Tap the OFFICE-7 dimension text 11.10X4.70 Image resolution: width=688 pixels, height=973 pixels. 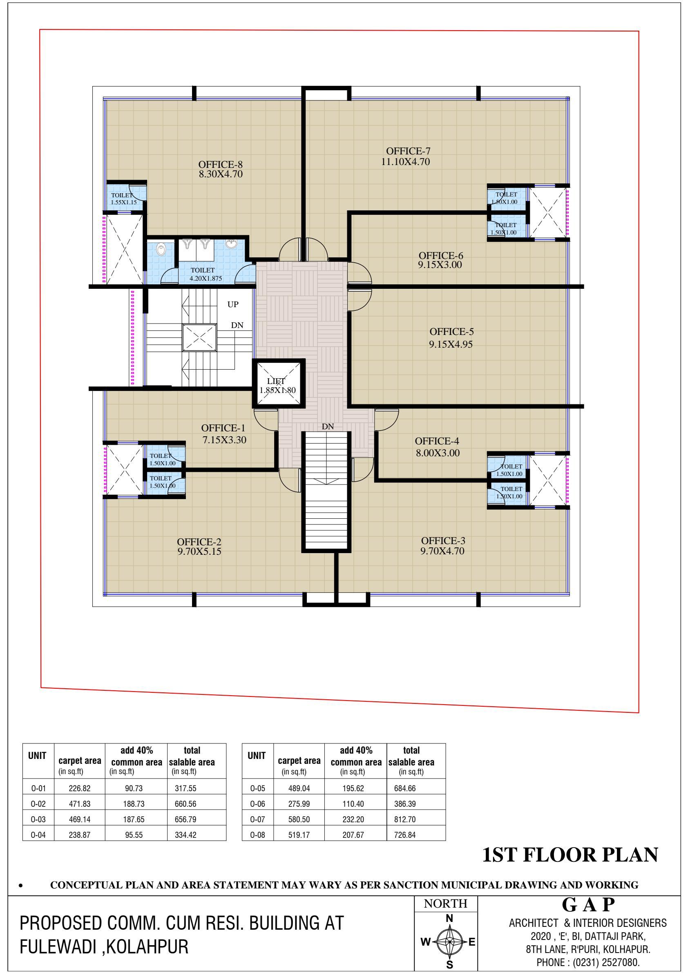pyautogui.click(x=406, y=161)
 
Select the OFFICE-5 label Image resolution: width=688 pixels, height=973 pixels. pyautogui.click(x=451, y=331)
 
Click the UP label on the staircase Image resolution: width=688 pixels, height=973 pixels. pyautogui.click(x=233, y=304)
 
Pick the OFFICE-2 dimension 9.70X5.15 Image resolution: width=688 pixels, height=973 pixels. pyautogui.click(x=200, y=551)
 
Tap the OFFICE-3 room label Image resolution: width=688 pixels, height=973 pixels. pyautogui.click(x=443, y=541)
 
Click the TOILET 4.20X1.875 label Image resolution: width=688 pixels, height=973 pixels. pyautogui.click(x=205, y=274)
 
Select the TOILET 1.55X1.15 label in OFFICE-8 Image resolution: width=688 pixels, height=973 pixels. pyautogui.click(x=123, y=199)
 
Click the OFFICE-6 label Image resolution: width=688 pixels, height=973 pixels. pyautogui.click(x=441, y=256)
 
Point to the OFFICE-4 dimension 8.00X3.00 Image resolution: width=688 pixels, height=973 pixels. pyautogui.click(x=438, y=453)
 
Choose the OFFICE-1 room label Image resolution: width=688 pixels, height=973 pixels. pyautogui.click(x=223, y=428)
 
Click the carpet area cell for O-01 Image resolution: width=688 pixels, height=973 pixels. pyautogui.click(x=80, y=788)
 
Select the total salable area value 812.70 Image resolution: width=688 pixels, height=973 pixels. pyautogui.click(x=405, y=819)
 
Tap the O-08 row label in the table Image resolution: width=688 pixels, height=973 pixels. pyautogui.click(x=257, y=835)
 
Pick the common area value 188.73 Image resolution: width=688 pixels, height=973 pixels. pyautogui.click(x=134, y=804)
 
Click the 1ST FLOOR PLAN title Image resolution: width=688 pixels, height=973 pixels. pyautogui.click(x=570, y=855)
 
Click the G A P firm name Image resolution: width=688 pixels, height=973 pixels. pyautogui.click(x=588, y=905)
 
